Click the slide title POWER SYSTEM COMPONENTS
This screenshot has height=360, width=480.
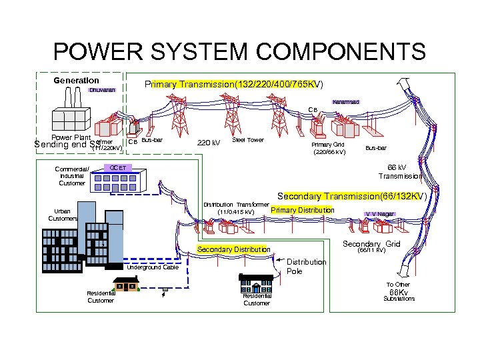click(239, 51)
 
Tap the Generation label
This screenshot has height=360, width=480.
click(76, 81)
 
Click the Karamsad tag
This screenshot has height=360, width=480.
click(346, 102)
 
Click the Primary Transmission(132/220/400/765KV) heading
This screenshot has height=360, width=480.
click(233, 85)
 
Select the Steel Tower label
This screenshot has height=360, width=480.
click(248, 140)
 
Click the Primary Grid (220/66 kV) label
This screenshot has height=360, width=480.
click(329, 148)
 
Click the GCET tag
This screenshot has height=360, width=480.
click(118, 167)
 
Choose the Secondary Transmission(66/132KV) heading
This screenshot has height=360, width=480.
click(351, 197)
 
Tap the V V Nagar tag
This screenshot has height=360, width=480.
click(379, 214)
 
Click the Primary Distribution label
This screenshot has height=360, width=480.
click(303, 210)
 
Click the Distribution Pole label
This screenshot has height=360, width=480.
click(306, 266)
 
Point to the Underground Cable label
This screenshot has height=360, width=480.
click(153, 267)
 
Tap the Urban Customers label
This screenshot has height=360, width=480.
click(63, 215)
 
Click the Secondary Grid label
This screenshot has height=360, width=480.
click(371, 244)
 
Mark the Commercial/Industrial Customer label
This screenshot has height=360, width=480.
click(72, 175)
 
